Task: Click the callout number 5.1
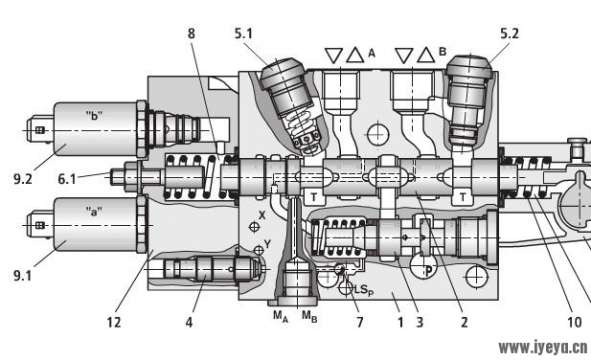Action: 243,34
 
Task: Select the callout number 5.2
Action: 509,34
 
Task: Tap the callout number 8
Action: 191,34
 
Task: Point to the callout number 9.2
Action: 23,179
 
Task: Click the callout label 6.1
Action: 67,179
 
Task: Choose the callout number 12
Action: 113,322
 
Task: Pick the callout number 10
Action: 574,322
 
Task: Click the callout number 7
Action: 360,322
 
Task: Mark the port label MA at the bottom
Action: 281,316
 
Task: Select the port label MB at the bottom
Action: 309,316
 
